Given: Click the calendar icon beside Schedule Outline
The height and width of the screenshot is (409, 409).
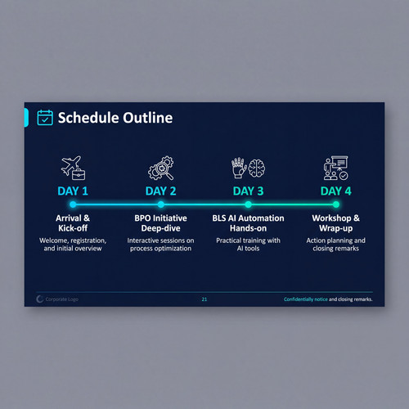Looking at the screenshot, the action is click(x=45, y=118).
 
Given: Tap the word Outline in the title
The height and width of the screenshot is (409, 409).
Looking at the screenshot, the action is click(x=147, y=118).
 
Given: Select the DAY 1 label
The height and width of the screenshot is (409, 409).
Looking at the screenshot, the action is click(x=73, y=191).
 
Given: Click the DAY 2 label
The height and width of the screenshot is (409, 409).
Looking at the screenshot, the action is click(x=160, y=191).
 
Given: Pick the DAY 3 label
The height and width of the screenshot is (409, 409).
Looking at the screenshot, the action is click(x=248, y=191).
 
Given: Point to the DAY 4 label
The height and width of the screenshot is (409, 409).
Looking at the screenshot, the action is click(x=336, y=191).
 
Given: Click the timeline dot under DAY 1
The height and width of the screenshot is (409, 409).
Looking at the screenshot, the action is click(x=73, y=204).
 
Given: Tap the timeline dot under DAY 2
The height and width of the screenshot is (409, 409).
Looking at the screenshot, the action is click(x=161, y=204).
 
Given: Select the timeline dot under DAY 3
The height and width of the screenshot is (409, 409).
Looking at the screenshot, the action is click(x=248, y=204).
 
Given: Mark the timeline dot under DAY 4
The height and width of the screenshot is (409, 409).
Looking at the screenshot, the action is click(x=336, y=204).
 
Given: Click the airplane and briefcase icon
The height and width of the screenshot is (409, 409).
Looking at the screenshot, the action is click(x=73, y=168).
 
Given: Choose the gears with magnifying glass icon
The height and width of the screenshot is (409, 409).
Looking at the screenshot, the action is click(x=161, y=168).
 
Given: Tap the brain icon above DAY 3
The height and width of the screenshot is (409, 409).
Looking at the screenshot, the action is click(x=257, y=169).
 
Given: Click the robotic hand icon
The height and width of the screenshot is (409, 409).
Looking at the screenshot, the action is click(x=239, y=168).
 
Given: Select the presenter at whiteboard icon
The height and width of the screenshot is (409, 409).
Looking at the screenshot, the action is click(x=336, y=168).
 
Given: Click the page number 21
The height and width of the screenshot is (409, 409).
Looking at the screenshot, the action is click(x=204, y=299).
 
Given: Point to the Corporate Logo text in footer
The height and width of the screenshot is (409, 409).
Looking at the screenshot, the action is click(x=62, y=299).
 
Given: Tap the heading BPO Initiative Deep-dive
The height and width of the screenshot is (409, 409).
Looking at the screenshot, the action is click(x=160, y=223).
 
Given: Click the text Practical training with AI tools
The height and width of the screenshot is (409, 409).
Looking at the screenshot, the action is click(x=248, y=245).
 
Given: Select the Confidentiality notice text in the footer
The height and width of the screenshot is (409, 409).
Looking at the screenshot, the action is click(x=306, y=299).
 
